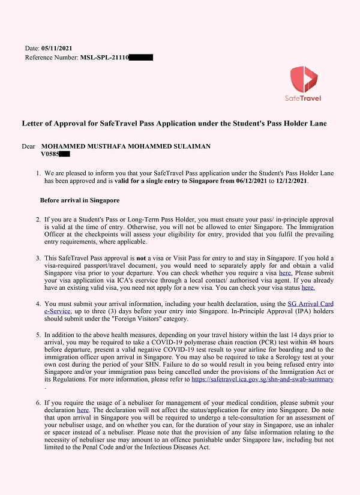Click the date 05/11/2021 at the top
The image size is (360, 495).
(58, 47)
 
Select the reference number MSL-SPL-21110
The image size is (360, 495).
(104, 57)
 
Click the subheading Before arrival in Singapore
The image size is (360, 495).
(80, 200)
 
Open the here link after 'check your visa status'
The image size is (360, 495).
(308, 288)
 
